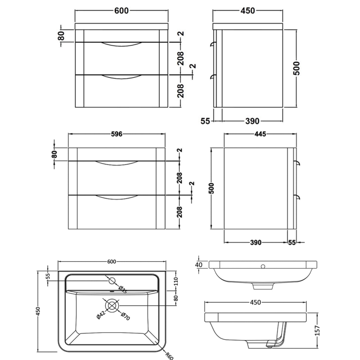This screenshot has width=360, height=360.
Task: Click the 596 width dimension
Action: click(117, 134)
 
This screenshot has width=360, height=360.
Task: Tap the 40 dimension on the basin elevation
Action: click(199, 264)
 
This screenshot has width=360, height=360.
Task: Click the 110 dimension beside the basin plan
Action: click(176, 282)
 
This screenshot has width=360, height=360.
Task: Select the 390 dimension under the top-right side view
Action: click(252, 121)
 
